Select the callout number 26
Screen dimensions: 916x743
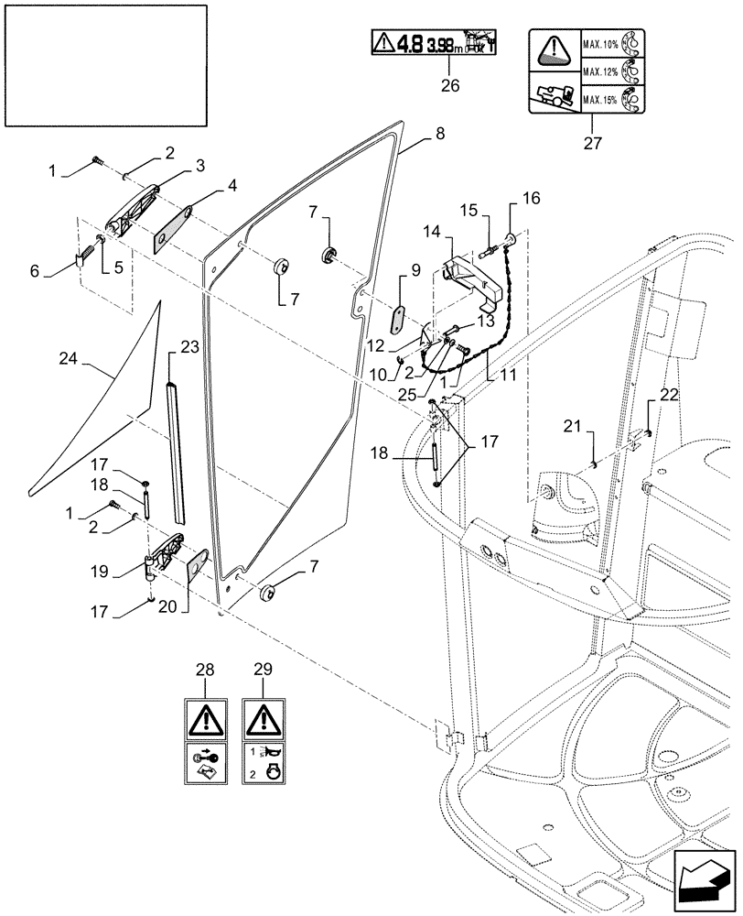448,86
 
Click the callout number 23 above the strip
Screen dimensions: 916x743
188,346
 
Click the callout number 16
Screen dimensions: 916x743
532,198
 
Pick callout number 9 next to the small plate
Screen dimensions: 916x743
415,271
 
